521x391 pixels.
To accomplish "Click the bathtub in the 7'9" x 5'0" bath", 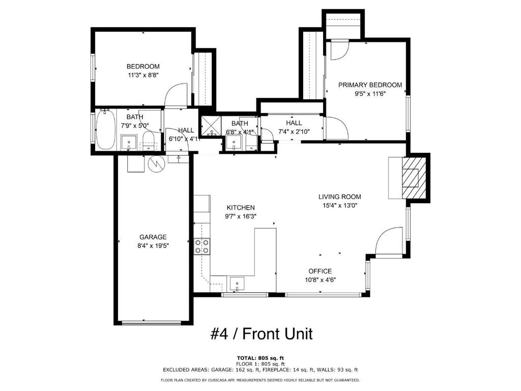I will click(106, 130).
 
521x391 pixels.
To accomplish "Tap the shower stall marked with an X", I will click(209, 125).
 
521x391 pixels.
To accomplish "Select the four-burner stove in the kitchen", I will click(201, 246).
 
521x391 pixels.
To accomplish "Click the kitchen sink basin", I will click(237, 283).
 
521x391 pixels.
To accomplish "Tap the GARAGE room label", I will click(153, 237).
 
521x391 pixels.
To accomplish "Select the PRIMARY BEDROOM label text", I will click(370, 85).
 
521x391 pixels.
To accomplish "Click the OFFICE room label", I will click(320, 271).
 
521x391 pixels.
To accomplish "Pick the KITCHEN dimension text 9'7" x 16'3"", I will click(241, 216).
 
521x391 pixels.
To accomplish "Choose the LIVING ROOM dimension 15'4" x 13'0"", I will click(339, 206).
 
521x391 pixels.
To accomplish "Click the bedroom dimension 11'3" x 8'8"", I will click(143, 75).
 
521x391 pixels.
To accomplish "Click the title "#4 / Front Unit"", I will click(261, 334).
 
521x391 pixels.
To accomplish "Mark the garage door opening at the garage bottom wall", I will click(152, 322).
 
